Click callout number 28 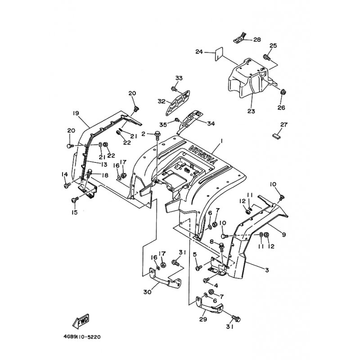(257, 40)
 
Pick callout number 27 (283, 125)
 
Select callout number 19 (76, 113)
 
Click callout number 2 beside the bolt (143, 134)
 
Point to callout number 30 (147, 292)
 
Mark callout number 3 (267, 270)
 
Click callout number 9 (283, 234)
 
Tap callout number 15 (74, 212)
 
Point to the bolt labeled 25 (266, 58)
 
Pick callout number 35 (162, 124)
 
